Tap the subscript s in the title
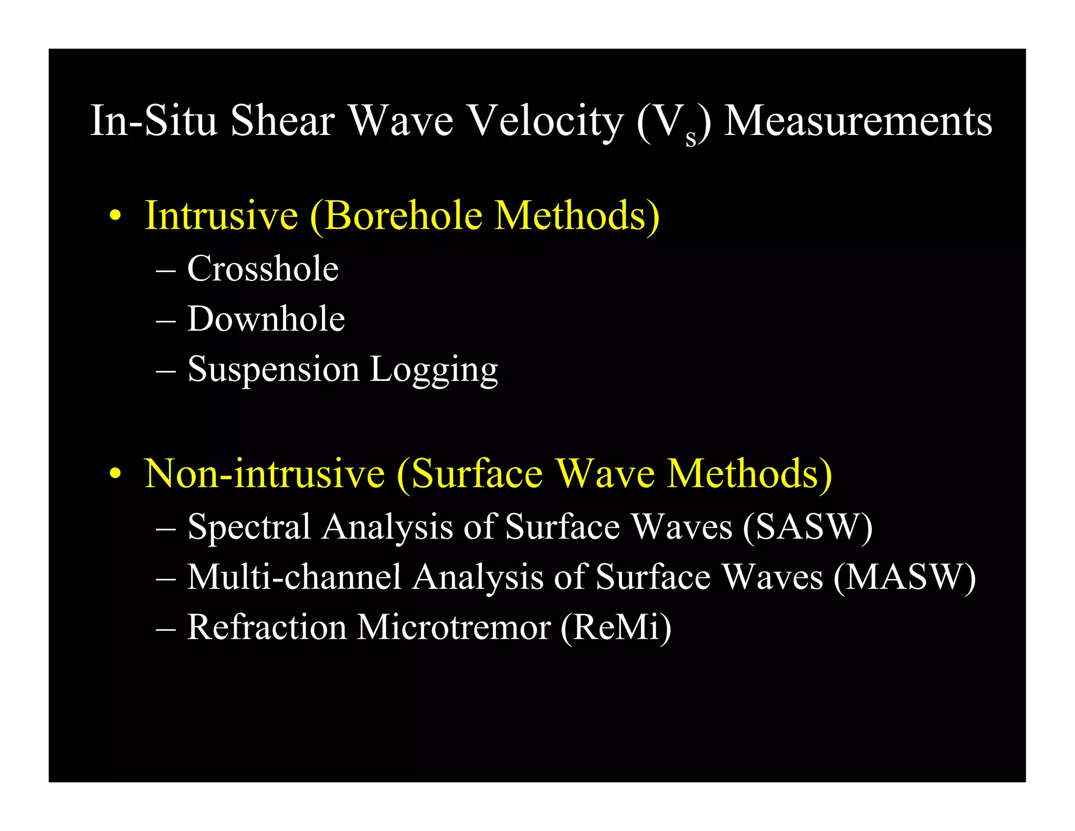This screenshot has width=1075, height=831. pos(691,138)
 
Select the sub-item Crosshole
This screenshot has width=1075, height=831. pos(263,269)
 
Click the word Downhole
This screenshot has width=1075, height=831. pos(266,319)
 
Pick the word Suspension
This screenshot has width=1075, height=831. pos(273,370)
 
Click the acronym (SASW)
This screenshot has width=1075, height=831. pos(808,527)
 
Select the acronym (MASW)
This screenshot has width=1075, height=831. pos(904,577)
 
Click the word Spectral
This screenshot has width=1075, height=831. pos(249,527)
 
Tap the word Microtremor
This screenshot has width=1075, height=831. pos(454,627)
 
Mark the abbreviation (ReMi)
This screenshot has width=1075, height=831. pos(616,627)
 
